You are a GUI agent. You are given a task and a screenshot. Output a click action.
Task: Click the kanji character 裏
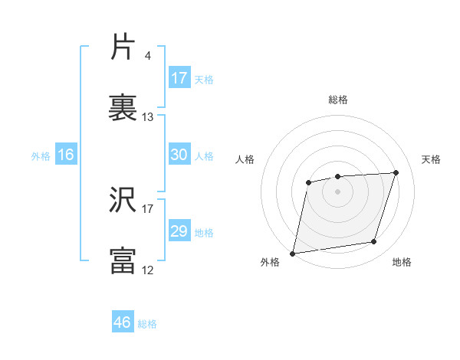(123, 109)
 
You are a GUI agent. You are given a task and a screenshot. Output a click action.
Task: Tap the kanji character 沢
(123, 201)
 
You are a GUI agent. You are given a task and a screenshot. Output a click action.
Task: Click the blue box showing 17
(179, 78)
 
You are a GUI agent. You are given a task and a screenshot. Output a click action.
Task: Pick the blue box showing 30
(179, 155)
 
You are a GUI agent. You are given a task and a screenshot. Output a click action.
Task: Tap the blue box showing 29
(179, 231)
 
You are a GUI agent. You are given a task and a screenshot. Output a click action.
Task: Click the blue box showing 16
(66, 155)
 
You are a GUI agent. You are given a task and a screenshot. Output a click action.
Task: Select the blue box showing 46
(123, 322)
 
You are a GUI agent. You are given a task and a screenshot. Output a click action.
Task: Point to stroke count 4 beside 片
(147, 55)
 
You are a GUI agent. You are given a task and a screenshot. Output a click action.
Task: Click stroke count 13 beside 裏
(148, 116)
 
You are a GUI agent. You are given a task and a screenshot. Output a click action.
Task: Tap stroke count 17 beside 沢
(148, 208)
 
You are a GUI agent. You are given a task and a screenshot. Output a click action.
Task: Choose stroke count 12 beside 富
(148, 269)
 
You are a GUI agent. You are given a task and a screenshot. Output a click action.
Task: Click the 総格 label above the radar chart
(338, 100)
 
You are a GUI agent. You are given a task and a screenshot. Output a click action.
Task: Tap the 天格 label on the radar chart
(432, 159)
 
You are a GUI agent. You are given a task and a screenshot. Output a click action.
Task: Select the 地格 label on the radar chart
(402, 263)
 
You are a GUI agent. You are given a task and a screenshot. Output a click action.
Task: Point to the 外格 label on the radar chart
(270, 263)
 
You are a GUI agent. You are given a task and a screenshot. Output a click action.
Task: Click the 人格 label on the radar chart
(245, 159)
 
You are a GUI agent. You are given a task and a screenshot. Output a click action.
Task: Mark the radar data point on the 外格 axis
(293, 253)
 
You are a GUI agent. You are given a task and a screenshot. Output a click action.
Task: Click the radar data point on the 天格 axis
(396, 172)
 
